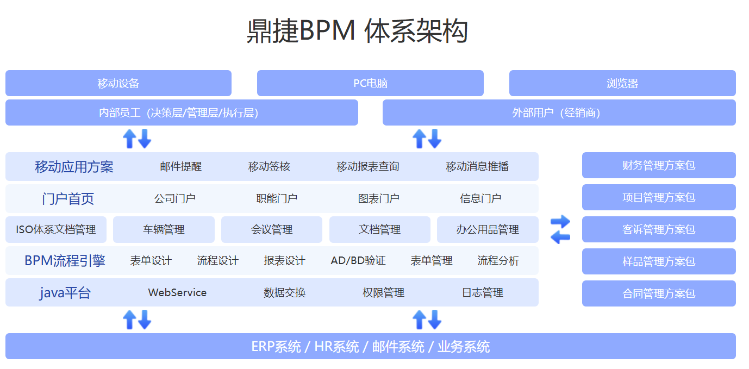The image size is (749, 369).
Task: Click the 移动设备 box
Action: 118,83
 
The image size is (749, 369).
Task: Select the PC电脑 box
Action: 370,83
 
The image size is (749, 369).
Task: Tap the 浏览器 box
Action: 622,83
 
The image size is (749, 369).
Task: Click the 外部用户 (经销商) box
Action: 559,112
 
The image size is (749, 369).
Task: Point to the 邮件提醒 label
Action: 180,166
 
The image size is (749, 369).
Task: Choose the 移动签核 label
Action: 269,166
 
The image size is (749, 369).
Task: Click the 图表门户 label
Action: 378,198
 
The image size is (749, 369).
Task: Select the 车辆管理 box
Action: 164,229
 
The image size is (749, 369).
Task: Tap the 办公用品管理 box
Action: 488,229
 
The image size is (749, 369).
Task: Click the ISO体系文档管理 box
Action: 56,229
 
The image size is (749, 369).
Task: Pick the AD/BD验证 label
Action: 358,261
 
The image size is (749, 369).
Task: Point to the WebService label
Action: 177,292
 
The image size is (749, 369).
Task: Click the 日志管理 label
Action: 482,292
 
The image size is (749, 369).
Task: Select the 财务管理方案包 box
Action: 659,165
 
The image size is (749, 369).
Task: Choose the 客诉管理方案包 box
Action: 659,229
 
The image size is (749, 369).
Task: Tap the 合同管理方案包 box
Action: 659,293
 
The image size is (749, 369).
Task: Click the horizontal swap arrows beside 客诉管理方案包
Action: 560,229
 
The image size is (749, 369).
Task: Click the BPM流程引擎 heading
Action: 65,261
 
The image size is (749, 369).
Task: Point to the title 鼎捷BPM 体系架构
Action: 357,31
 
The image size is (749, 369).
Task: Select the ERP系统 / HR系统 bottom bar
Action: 370,346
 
